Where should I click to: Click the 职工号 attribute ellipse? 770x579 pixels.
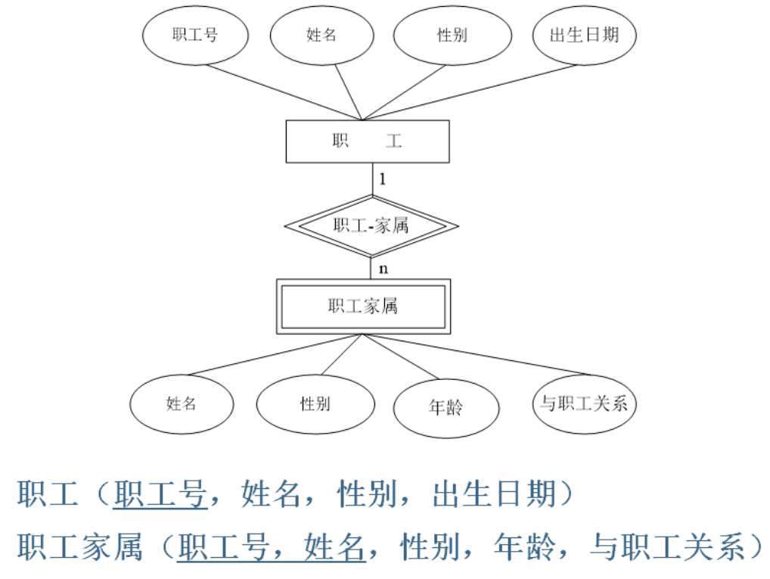coord(196,36)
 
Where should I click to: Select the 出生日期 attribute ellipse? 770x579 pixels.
coord(584,36)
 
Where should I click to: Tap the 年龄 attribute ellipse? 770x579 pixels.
coord(446,407)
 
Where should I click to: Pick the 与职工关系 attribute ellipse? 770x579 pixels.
coord(584,403)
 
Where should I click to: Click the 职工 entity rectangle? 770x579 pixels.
coord(367,142)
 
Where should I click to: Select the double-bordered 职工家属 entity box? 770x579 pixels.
coord(363,307)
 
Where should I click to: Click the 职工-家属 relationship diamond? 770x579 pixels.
coord(371,226)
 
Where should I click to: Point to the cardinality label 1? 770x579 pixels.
coord(383,180)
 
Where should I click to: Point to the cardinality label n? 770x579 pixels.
coord(383,269)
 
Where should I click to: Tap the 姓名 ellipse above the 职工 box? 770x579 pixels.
coord(321,36)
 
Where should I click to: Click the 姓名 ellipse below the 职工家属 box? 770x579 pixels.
coord(182,403)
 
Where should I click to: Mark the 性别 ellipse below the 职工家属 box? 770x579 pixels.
coord(315,403)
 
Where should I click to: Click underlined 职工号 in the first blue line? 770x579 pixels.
coord(160,496)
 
